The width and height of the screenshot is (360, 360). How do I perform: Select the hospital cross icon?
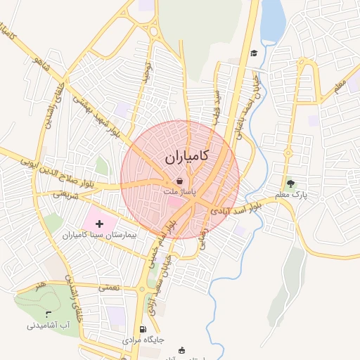click(x=98, y=223)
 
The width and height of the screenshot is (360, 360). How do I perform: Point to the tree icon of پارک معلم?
click(x=291, y=184)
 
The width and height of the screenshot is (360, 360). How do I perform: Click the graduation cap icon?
click(x=253, y=53)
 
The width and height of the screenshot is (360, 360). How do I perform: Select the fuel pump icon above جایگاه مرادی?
click(x=143, y=329)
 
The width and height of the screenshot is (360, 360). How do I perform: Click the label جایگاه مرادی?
click(x=143, y=340)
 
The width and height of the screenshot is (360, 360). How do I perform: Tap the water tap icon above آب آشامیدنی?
click(x=48, y=314)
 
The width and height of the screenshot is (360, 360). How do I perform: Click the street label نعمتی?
click(x=110, y=288)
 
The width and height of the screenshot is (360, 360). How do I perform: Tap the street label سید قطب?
click(x=216, y=104)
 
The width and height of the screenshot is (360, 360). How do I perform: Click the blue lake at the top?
click(x=272, y=21)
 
